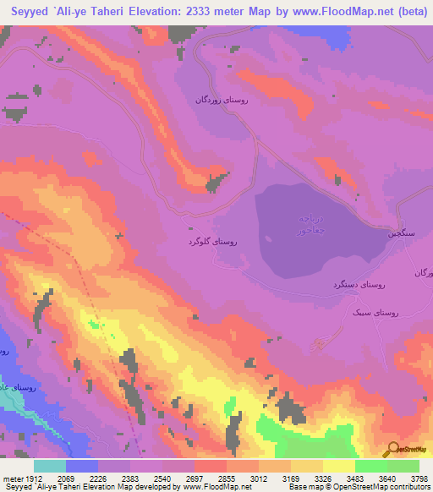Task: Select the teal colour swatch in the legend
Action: pyautogui.click(x=50, y=466)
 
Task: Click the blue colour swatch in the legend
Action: pyautogui.click(x=82, y=466)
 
